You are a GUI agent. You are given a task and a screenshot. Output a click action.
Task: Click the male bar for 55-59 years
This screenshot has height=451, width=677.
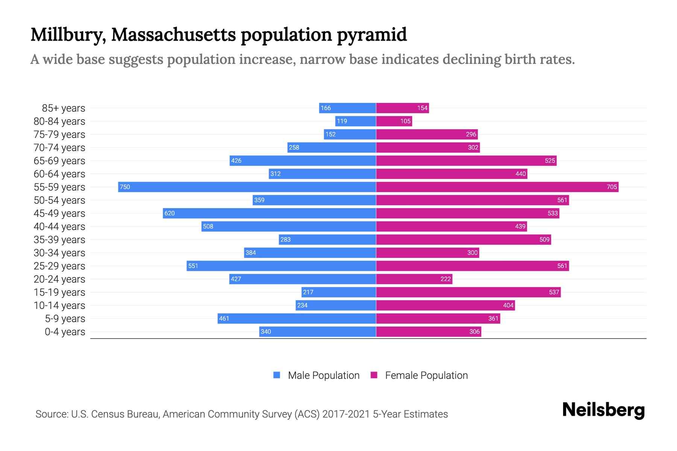coord(247,187)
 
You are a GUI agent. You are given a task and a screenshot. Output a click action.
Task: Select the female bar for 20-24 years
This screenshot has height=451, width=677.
coord(414,279)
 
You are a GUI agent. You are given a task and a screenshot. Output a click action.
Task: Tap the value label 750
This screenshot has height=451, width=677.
coord(124,187)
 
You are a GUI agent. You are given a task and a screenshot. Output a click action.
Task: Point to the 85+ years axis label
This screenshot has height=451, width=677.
coord(63,108)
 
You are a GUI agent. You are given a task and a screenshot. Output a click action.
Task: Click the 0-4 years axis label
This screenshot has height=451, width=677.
coord(65,332)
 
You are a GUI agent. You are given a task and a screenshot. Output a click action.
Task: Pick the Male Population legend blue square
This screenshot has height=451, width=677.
coord(277,375)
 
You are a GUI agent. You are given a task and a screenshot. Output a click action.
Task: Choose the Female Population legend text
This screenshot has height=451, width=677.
coord(426,375)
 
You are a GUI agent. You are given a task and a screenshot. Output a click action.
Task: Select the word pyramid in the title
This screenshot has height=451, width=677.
coord(372,35)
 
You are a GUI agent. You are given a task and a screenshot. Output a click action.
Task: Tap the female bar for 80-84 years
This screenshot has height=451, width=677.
coord(394,121)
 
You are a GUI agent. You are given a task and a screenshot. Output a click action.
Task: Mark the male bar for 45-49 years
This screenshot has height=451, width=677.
coord(269,213)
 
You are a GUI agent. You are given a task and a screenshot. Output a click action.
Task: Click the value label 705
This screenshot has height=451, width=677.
coord(612,187)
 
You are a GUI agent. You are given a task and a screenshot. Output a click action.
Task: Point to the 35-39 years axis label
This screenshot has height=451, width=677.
coord(59,239)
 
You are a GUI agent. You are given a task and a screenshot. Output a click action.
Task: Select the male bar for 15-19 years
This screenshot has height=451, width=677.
coord(338,292)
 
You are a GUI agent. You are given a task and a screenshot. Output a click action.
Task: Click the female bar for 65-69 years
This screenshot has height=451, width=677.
coord(466,160)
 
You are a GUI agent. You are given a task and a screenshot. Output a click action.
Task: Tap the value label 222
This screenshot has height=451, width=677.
coord(445,279)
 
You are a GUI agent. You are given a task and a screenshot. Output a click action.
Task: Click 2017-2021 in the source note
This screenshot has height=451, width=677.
coord(346,414)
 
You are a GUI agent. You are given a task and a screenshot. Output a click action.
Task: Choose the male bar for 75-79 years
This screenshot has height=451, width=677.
coord(350,134)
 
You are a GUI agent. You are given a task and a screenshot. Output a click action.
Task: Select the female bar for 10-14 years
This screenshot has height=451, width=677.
coord(445,305)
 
